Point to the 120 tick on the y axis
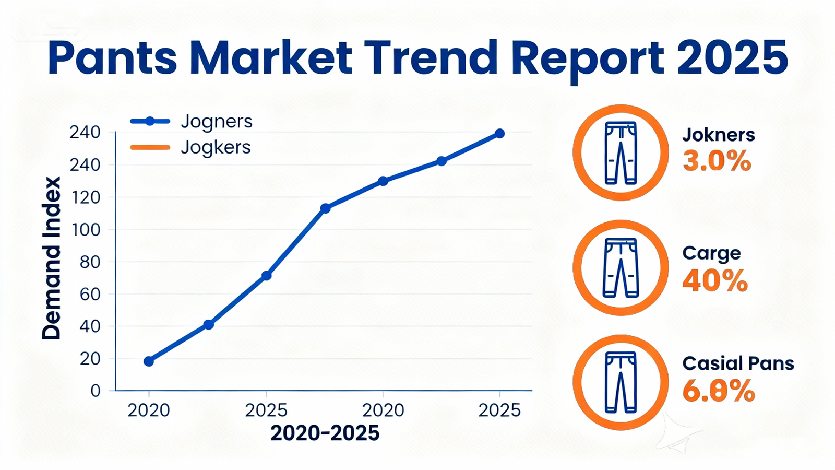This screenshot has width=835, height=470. [86, 197]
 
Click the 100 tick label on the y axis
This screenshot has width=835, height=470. [86, 230]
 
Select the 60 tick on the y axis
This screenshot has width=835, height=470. [89, 294]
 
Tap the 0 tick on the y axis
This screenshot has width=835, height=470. [95, 391]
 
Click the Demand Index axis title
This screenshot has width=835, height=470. [52, 258]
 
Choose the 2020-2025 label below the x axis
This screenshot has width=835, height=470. [325, 433]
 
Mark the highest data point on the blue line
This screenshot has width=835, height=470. [499, 134]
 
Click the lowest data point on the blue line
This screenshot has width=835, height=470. [149, 361]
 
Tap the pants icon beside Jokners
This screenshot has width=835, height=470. [621, 152]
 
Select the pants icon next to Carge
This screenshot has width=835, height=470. [621, 267]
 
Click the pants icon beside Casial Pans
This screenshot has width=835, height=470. [621, 382]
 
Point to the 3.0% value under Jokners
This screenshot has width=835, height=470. [717, 161]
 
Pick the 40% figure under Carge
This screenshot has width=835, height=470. [715, 281]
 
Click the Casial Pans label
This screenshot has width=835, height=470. [738, 363]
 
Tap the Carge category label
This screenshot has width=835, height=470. [711, 253]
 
